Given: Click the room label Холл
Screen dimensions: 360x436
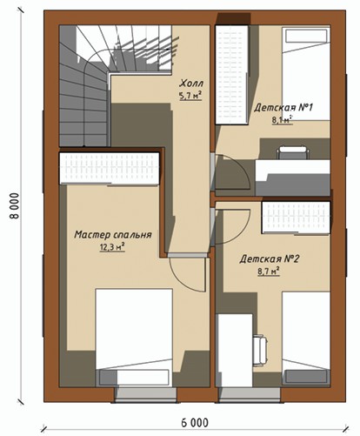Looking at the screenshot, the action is click(191, 84).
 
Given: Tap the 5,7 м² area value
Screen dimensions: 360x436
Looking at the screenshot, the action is click(190, 96).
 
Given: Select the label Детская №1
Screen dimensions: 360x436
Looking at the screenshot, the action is click(283, 108).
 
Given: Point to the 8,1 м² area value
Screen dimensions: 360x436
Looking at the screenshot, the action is click(282, 120).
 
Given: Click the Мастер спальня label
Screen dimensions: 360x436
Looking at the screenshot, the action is click(113, 234).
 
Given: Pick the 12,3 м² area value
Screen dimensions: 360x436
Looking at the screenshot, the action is click(112, 247).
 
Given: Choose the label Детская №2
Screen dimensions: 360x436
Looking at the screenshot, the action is click(269, 258).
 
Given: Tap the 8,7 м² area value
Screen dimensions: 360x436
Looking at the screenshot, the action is click(269, 272).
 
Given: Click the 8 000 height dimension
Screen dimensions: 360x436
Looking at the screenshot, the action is click(15, 206).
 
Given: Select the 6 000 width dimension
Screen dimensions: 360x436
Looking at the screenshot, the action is click(195, 422).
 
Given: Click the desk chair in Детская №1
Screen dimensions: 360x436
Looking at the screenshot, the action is click(293, 152).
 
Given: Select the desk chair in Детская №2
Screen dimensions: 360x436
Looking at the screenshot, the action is click(260, 351).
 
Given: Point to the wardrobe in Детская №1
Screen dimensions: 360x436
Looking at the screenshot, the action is click(231, 75).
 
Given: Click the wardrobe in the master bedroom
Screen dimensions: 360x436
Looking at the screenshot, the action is click(110, 168).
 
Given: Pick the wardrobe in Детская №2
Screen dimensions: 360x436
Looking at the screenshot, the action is click(296, 218).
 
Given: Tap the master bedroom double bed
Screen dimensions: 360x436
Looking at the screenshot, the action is click(134, 338).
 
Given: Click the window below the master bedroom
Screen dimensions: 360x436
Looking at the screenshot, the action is click(145, 395).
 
